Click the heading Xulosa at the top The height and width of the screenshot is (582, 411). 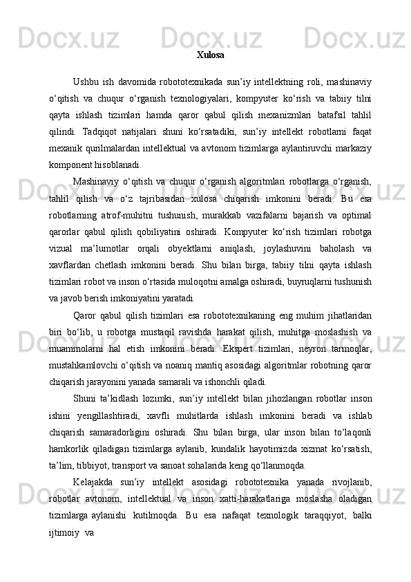[210, 55]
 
